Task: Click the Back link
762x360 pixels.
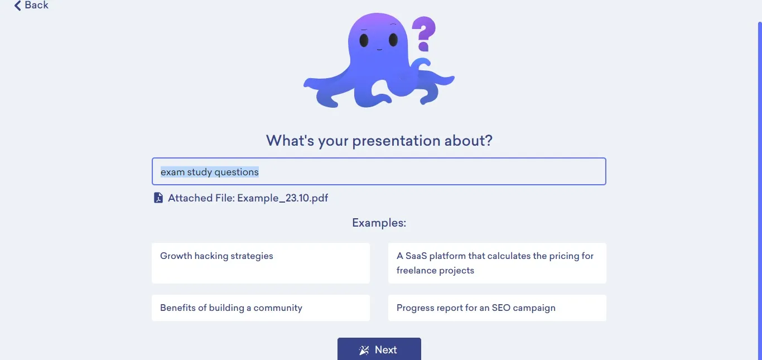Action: [x=31, y=5]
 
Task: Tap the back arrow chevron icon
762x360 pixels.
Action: [x=18, y=6]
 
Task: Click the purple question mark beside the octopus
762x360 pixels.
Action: [x=424, y=33]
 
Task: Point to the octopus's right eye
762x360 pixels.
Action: [x=393, y=40]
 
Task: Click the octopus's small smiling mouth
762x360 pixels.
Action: [x=379, y=50]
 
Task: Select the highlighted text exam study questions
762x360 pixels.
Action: [x=210, y=172]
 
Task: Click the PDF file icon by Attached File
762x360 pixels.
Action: [x=158, y=198]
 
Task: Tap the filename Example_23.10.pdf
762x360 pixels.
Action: [x=283, y=198]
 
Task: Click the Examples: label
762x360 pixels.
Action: [x=379, y=223]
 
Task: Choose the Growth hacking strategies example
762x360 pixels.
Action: [x=261, y=263]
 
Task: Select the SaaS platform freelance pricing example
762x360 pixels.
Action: [x=497, y=263]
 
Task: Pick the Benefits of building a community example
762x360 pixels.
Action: [x=261, y=308]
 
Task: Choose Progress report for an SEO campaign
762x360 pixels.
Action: [x=497, y=308]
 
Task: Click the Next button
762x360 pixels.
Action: [x=379, y=349]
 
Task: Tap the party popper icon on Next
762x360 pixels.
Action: [x=364, y=350]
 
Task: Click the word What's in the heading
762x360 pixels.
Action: [x=290, y=140]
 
